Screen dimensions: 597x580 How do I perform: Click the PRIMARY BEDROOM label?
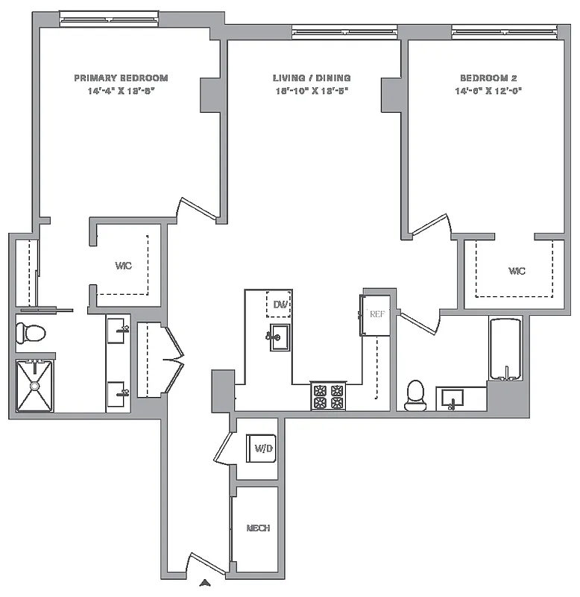[121, 78]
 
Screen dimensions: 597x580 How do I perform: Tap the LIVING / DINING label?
[312, 78]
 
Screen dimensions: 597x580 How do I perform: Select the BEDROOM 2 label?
[488, 78]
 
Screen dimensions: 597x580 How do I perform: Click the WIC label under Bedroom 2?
[516, 271]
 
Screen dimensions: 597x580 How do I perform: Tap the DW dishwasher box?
[280, 304]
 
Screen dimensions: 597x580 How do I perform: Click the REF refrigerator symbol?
[376, 315]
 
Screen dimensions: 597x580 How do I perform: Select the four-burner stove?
[328, 396]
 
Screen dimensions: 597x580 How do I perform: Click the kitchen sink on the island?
[280, 337]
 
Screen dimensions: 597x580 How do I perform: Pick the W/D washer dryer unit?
[262, 448]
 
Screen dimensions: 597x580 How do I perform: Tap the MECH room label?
[258, 528]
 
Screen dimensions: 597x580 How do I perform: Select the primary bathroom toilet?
[31, 333]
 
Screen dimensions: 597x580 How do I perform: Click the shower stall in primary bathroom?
[34, 385]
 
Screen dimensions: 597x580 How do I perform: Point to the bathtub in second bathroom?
[506, 349]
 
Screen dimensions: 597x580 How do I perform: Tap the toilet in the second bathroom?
[414, 396]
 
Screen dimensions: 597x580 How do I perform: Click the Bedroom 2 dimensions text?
[488, 91]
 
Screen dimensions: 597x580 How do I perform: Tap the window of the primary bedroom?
[110, 20]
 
